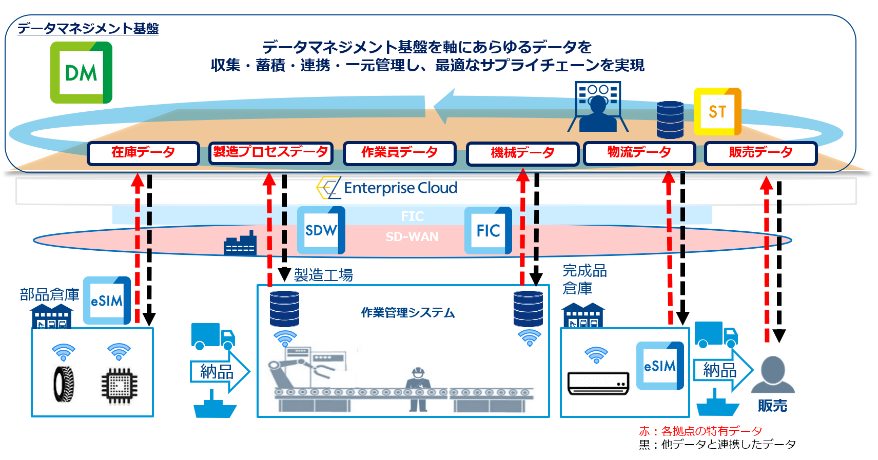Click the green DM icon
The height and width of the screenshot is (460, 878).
(x=81, y=72)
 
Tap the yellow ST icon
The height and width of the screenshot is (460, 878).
(x=717, y=112)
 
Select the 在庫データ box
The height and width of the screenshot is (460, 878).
(x=143, y=153)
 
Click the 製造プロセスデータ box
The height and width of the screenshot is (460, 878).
(x=270, y=152)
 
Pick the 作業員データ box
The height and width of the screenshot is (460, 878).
(x=399, y=153)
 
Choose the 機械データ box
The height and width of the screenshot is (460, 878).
(x=522, y=153)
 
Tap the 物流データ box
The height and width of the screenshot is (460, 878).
(x=639, y=153)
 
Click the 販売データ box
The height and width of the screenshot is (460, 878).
(x=761, y=153)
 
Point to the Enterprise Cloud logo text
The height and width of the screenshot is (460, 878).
(x=401, y=188)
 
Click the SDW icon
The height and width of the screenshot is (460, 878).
(x=321, y=230)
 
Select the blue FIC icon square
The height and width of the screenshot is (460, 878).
(x=488, y=230)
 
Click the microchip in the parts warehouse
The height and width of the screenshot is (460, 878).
(x=119, y=386)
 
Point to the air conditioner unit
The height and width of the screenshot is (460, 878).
(x=598, y=383)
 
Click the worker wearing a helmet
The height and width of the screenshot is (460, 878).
(x=418, y=389)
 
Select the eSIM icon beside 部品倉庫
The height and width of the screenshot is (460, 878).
(x=107, y=301)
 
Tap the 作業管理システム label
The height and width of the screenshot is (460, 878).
(x=407, y=313)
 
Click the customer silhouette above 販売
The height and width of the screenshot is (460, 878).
(x=773, y=374)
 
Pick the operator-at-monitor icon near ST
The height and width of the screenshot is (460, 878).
(x=598, y=106)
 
